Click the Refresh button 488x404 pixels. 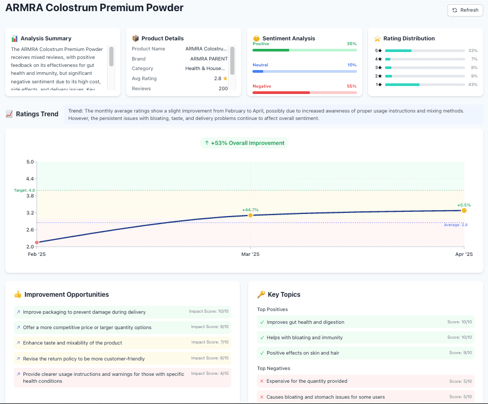(x=465, y=10)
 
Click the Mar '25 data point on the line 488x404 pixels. (x=250, y=215)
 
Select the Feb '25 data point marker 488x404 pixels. (x=37, y=243)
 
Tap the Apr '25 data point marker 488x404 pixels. (x=464, y=211)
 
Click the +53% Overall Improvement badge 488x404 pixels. (x=244, y=143)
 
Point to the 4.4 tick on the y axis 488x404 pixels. (x=30, y=179)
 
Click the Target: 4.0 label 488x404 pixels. (x=24, y=190)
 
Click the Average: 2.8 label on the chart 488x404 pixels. (x=455, y=225)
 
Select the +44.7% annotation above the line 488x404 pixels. (x=250, y=210)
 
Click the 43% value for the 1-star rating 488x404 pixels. (x=473, y=84)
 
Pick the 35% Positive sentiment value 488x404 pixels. (x=351, y=44)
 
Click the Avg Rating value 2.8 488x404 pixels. (x=217, y=79)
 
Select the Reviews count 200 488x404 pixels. (x=223, y=89)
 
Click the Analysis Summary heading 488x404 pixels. (x=46, y=38)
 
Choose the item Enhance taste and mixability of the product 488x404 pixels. (x=72, y=343)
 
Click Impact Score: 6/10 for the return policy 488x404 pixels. (x=209, y=358)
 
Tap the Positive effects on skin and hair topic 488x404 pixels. (x=302, y=353)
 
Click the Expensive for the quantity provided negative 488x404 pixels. (x=307, y=381)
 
